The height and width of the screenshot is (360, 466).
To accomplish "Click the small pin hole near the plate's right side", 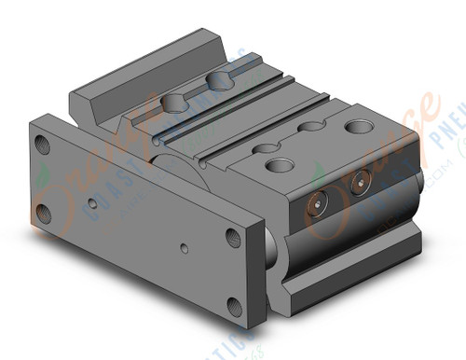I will click(185, 248).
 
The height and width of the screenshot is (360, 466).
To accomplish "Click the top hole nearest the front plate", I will click(278, 165).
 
